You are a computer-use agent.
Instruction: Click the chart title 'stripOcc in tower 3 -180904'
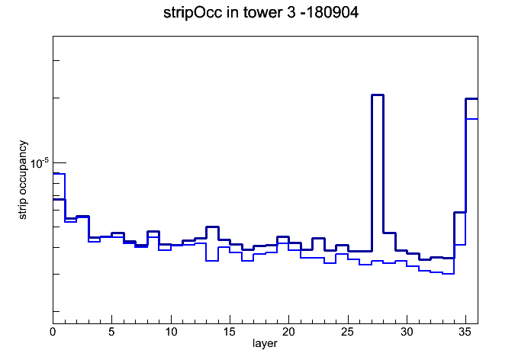[x=261, y=13]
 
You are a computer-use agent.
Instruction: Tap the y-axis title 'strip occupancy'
[x=22, y=180]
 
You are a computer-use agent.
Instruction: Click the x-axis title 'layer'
[x=265, y=343]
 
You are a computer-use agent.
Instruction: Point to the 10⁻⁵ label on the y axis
[x=40, y=163]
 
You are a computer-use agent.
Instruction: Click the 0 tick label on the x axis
[x=53, y=332]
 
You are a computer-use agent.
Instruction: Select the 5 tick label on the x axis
[x=111, y=332]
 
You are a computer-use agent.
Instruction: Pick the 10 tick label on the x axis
[x=171, y=332]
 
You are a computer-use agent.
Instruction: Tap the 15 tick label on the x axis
[x=230, y=332]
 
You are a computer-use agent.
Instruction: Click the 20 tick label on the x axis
[x=288, y=332]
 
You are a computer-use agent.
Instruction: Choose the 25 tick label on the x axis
[x=347, y=332]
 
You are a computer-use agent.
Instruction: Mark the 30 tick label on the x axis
[x=407, y=332]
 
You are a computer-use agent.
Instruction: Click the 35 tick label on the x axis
[x=465, y=332]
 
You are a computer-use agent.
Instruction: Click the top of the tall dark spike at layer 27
[x=378, y=95]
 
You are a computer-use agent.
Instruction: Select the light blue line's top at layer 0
[x=59, y=174]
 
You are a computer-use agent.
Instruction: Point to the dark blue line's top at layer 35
[x=471, y=99]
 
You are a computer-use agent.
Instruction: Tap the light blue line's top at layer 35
[x=471, y=119]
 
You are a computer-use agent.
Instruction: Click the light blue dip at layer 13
[x=212, y=261]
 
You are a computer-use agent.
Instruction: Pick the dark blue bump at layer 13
[x=212, y=227]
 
